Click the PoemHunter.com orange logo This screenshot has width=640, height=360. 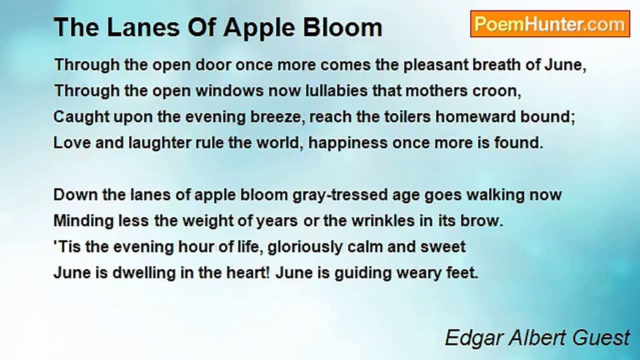[x=550, y=24]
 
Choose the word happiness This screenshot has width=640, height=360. [x=348, y=143]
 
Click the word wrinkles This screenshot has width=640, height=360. [x=383, y=221]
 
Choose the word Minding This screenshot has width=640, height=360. [x=83, y=221]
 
